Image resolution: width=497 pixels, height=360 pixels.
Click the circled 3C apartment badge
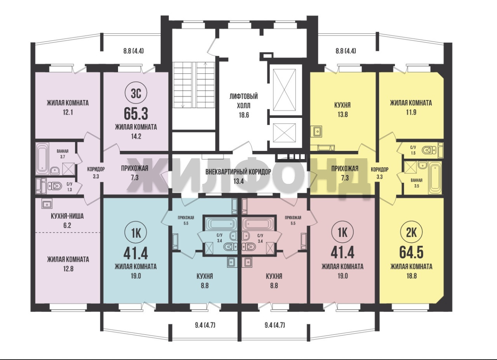coord(136,94)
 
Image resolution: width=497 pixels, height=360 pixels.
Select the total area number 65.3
coord(136,114)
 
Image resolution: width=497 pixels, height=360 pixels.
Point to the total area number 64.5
coord(411,252)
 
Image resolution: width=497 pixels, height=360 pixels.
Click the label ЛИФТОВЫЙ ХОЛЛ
coord(243,101)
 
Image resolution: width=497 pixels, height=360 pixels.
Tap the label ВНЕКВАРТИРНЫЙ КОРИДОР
coord(238,172)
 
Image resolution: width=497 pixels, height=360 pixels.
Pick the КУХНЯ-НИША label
coord(67,216)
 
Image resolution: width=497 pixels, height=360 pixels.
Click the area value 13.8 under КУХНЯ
coord(342,114)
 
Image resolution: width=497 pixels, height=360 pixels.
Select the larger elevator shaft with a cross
coord(285,90)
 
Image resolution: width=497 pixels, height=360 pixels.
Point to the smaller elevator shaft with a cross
coord(285,133)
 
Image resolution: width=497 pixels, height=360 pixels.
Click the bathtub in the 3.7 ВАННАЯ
coord(42,159)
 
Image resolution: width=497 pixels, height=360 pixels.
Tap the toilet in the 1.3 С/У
coord(54,186)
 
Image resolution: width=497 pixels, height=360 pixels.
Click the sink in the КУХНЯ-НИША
coord(47,204)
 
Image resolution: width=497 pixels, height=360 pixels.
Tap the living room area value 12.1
coord(68,112)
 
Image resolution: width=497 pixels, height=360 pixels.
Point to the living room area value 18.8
coord(411,276)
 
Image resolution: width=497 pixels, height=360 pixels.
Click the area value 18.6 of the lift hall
coord(243,115)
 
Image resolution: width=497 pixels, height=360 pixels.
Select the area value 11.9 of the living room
coord(411,112)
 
